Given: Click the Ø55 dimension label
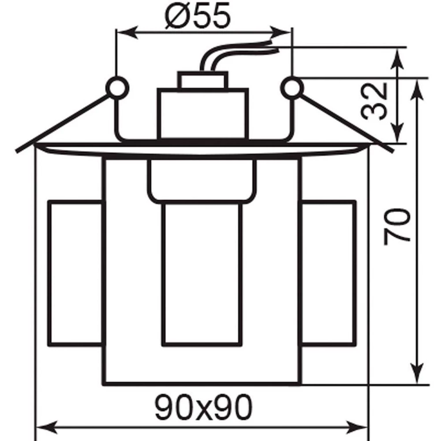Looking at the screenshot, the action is [198, 16].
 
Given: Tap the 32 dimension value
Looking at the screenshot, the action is [374, 101].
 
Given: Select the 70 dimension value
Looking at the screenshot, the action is [397, 227].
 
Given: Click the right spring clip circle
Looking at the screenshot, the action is [292, 88].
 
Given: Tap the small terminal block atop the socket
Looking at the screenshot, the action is [202, 80].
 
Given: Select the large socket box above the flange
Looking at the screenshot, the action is [202, 114].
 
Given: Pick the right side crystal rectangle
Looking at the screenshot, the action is [328, 273].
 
